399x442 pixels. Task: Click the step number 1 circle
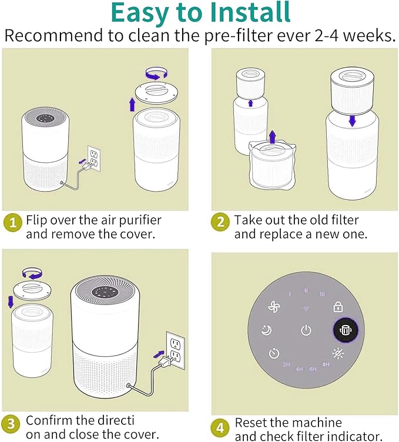[13, 223]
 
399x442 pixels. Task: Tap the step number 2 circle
[220, 222]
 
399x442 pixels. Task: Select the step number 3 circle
[11, 424]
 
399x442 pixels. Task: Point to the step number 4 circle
[220, 428]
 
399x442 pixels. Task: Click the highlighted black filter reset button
[345, 330]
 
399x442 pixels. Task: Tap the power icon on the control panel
[306, 330]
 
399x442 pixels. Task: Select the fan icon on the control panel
[274, 307]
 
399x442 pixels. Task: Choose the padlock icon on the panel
[338, 307]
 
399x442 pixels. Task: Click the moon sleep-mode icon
[266, 330]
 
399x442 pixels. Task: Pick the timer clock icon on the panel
[274, 353]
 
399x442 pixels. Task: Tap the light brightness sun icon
[338, 353]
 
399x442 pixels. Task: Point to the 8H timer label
[326, 364]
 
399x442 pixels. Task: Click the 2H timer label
[286, 364]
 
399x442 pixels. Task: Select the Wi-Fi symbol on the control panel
[306, 309]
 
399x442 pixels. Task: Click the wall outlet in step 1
[94, 158]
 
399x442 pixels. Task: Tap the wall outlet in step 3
[176, 350]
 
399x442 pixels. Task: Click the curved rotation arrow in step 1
[157, 72]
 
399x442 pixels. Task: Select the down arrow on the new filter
[352, 120]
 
